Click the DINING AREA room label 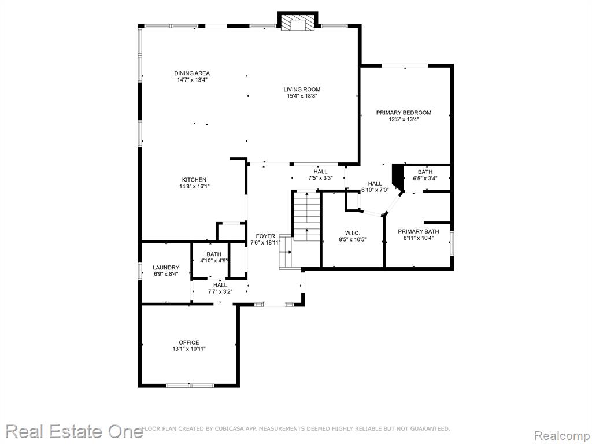point(192,73)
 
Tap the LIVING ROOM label point(302,90)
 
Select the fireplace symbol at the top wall point(298,23)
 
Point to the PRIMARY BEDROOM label point(404,113)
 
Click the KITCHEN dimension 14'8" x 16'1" point(194,187)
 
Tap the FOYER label point(265,236)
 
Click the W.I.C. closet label point(352,232)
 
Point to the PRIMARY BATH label point(419,231)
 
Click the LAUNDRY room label point(166,268)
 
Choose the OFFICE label point(189,342)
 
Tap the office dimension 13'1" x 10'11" point(189,349)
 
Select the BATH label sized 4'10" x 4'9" point(214,254)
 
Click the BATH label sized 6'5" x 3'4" point(425,172)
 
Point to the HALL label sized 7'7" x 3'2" point(220,285)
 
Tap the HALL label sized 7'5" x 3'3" point(320,172)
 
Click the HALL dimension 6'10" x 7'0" point(375,190)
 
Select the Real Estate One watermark point(75,431)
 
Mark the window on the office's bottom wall point(190,386)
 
